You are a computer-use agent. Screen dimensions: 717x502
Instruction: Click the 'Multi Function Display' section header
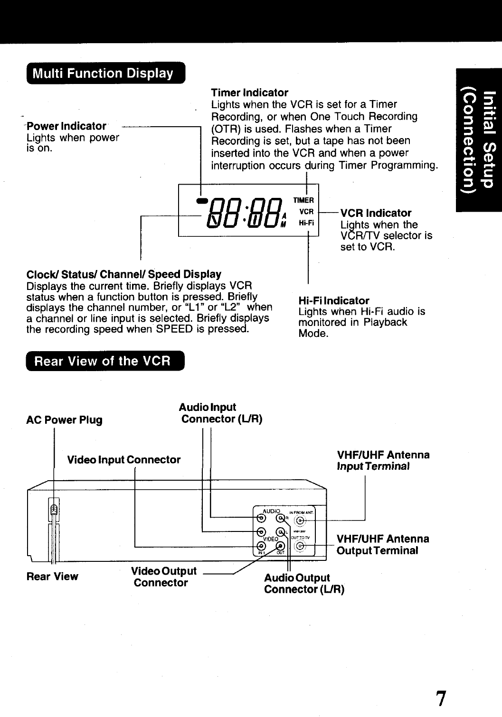click(x=102, y=74)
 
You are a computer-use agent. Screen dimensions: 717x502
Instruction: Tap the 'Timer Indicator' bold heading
click(x=249, y=92)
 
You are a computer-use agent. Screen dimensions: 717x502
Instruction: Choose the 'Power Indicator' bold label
click(x=66, y=126)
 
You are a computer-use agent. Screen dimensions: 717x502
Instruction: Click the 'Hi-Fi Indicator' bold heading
click(x=333, y=301)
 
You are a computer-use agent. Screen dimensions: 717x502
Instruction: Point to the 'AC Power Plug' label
click(x=64, y=420)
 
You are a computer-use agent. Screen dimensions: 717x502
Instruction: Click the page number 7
click(x=441, y=698)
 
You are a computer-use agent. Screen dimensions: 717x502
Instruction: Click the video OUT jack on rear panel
click(x=280, y=546)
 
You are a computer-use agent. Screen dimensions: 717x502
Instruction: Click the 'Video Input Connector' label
click(x=123, y=460)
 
